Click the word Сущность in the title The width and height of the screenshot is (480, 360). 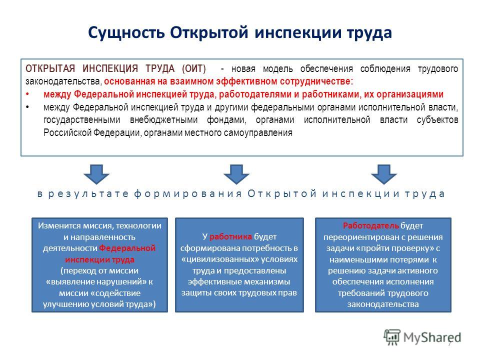pyautogui.click(x=126, y=33)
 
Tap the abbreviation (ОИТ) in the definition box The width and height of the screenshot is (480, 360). pyautogui.click(x=194, y=68)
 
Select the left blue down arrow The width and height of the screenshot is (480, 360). pyautogui.click(x=96, y=174)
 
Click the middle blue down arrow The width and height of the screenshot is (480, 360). pyautogui.click(x=236, y=174)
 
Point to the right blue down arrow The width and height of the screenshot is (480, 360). pyautogui.click(x=384, y=174)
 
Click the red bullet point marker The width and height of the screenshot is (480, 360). pyautogui.click(x=27, y=94)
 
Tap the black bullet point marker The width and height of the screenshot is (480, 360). pyautogui.click(x=27, y=107)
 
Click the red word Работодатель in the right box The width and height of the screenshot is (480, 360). pyautogui.click(x=370, y=226)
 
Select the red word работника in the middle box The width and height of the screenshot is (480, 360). pyautogui.click(x=231, y=236)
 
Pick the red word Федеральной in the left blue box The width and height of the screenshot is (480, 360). pyautogui.click(x=127, y=248)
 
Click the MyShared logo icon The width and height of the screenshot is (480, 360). pyautogui.click(x=392, y=336)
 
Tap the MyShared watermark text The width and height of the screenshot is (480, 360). pyautogui.click(x=432, y=337)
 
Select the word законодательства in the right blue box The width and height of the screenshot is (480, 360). pyautogui.click(x=383, y=304)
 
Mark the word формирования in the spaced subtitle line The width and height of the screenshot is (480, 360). pyautogui.click(x=188, y=194)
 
